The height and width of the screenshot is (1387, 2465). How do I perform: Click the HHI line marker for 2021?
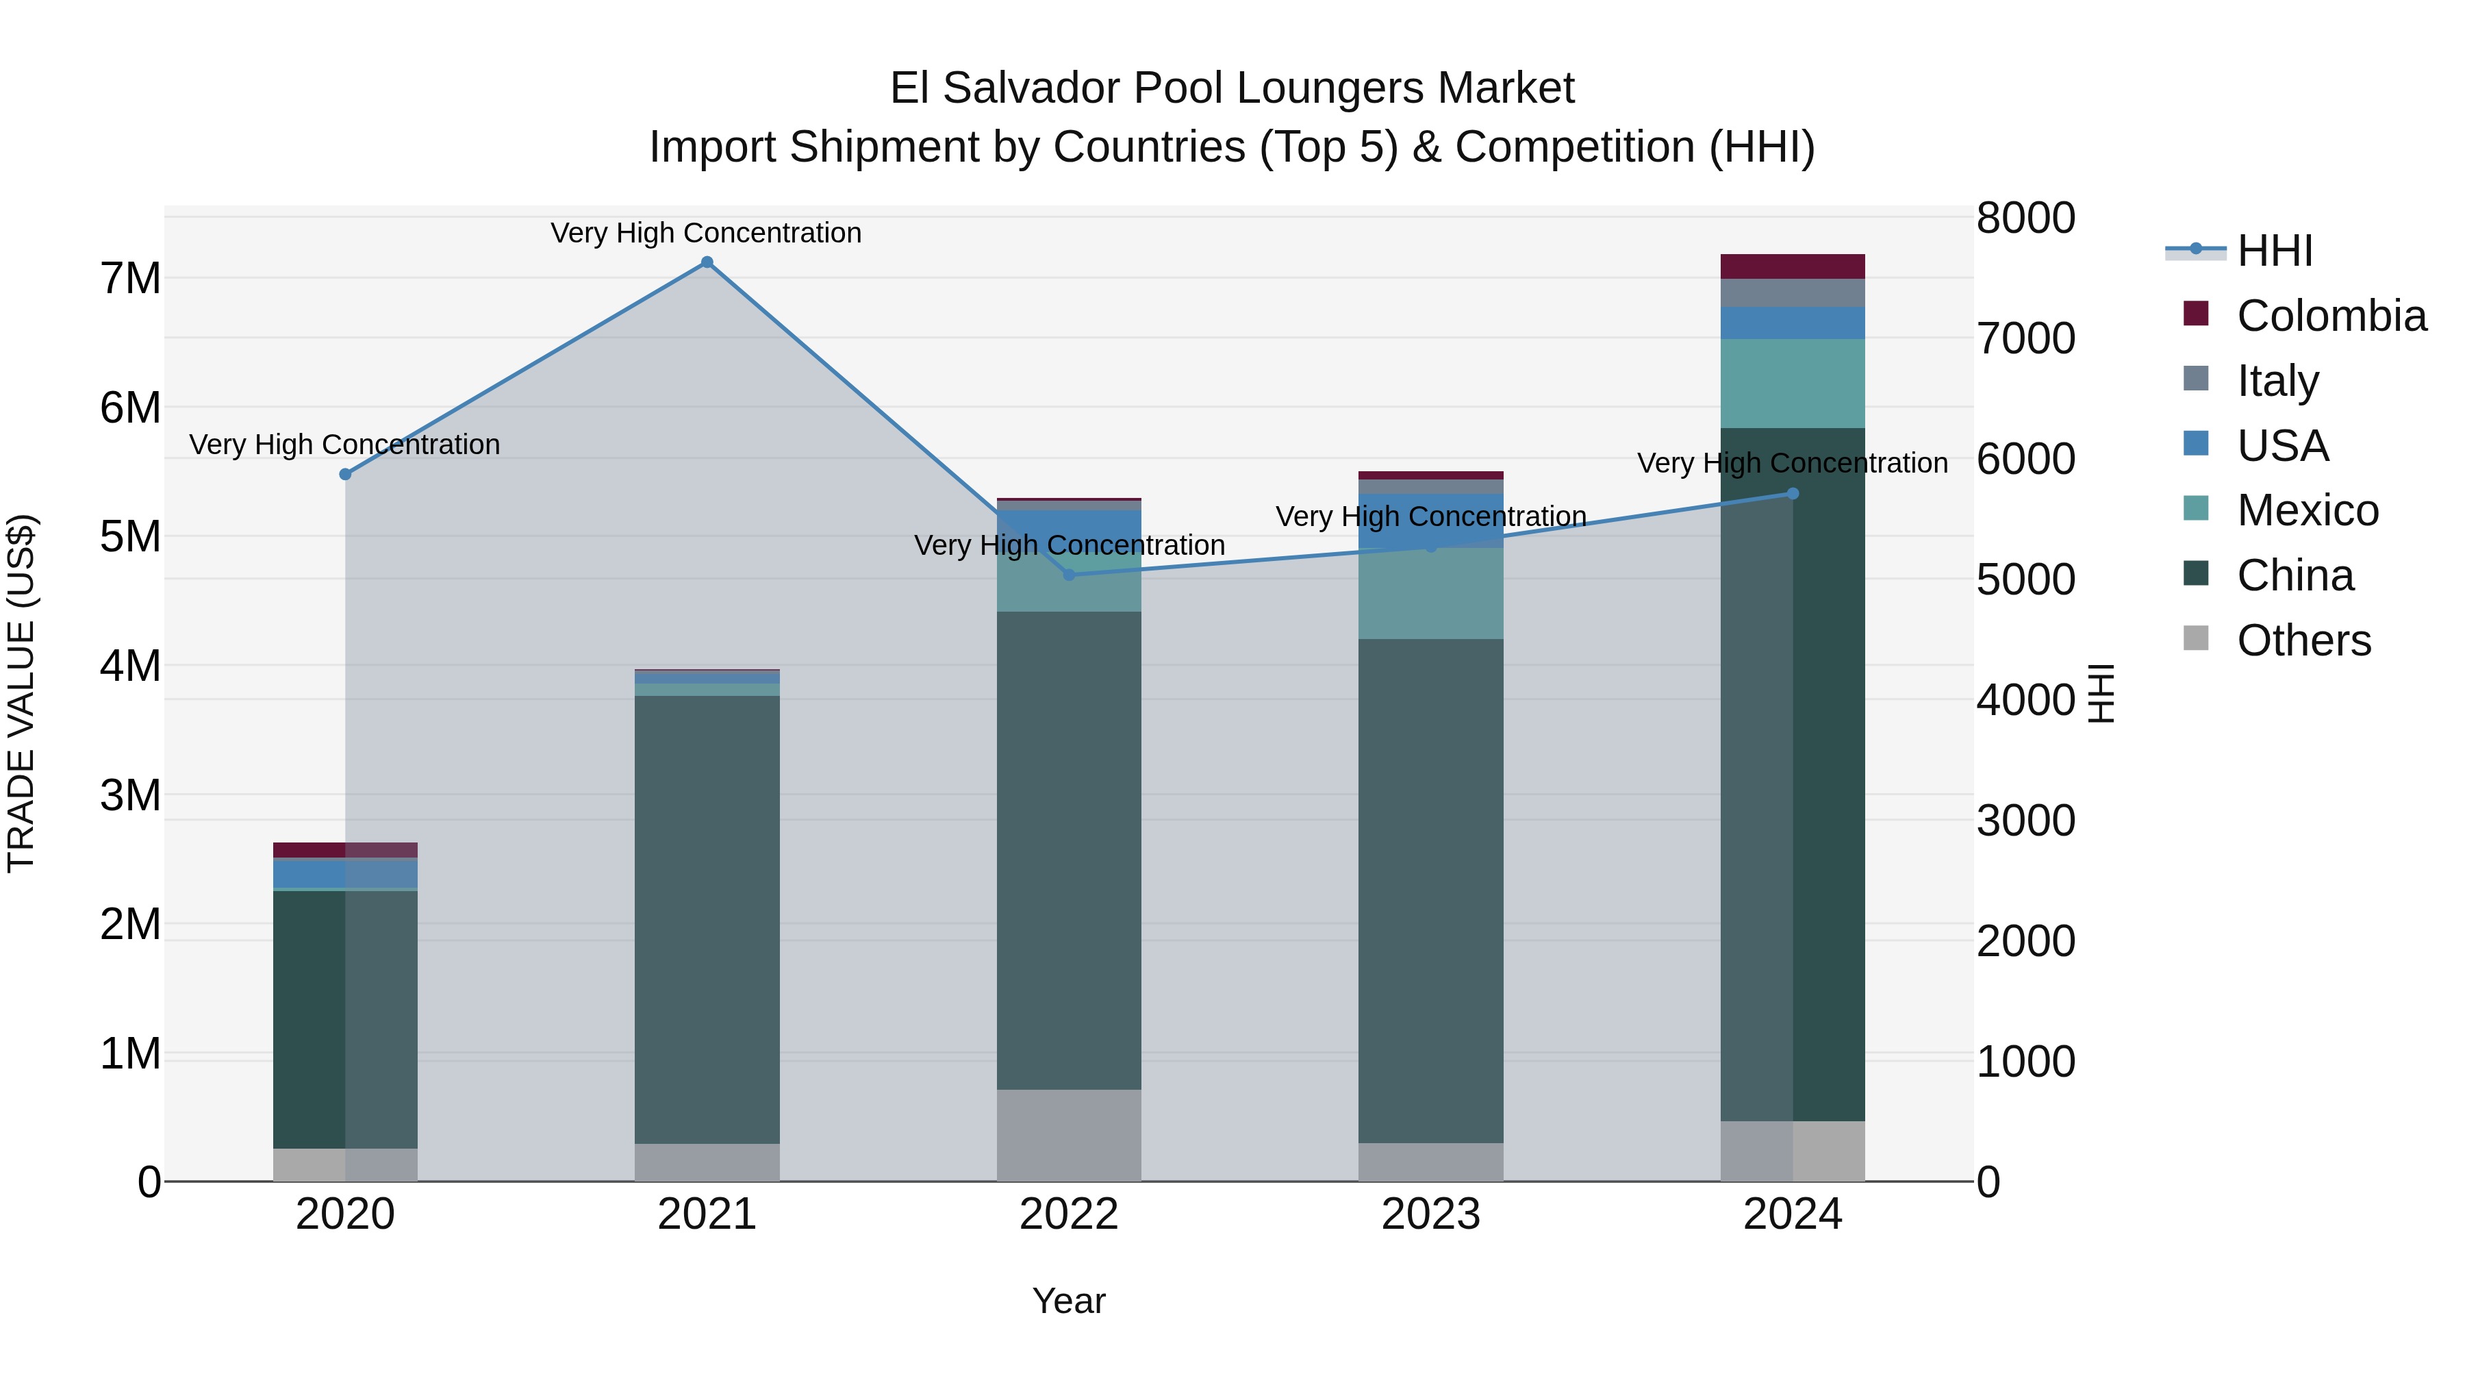(707, 262)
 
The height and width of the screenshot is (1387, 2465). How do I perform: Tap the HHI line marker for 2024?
(1793, 494)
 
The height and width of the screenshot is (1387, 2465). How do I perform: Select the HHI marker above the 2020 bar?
(346, 475)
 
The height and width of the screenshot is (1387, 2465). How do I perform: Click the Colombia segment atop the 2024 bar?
(1793, 266)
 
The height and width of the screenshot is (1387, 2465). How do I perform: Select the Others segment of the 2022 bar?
(1069, 1135)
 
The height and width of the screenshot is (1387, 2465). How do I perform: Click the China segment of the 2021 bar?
(707, 919)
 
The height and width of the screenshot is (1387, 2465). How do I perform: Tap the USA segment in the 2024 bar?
(1793, 323)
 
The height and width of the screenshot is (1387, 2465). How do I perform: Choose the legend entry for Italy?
(2277, 381)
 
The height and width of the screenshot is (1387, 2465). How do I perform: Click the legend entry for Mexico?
(2306, 510)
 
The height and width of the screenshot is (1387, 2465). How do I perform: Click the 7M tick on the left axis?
(130, 279)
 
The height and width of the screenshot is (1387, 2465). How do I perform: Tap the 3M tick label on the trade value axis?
(130, 795)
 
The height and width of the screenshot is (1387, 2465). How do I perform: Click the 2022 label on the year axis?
(1069, 1214)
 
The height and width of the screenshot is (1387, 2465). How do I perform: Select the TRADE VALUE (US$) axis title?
(21, 694)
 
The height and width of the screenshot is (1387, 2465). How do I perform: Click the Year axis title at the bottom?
(1069, 1301)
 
